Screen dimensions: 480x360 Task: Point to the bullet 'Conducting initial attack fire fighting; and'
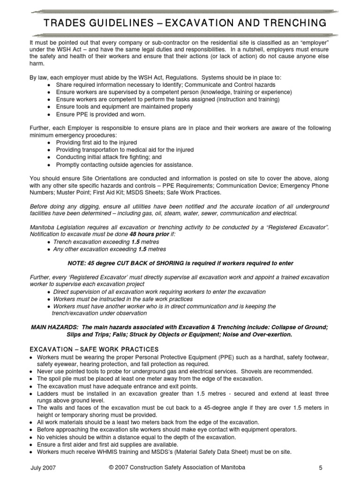(109, 157)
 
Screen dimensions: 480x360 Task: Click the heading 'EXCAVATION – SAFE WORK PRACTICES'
(94, 349)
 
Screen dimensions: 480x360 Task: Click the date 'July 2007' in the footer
(44, 468)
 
